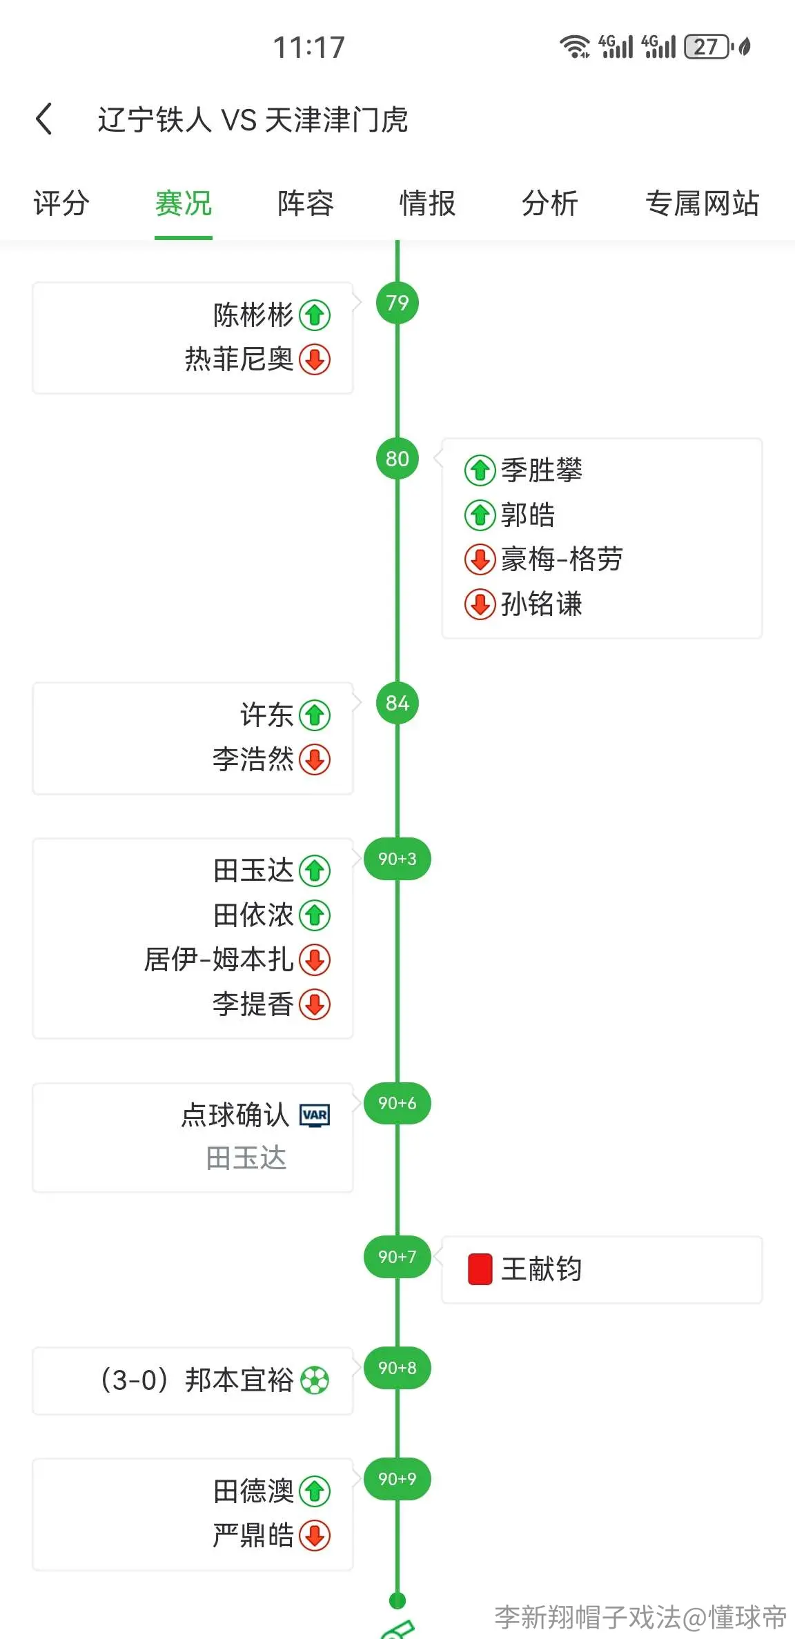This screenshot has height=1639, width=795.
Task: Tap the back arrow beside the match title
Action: (x=44, y=119)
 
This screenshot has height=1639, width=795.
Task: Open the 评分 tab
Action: (x=61, y=203)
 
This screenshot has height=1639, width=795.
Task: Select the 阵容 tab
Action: (x=306, y=203)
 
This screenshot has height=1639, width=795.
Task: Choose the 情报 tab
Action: (x=428, y=203)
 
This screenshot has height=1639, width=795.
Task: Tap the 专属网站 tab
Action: (x=703, y=203)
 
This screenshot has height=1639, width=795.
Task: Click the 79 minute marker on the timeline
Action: (x=397, y=303)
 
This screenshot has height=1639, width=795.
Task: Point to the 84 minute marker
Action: (x=397, y=703)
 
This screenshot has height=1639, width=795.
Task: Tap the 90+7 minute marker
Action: (x=397, y=1257)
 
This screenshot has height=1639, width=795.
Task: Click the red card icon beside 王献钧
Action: (x=480, y=1269)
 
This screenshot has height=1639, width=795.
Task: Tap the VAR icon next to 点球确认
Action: (x=315, y=1115)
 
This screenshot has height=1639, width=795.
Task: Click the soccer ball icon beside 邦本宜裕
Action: (x=315, y=1380)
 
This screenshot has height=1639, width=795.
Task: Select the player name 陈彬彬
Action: (x=253, y=315)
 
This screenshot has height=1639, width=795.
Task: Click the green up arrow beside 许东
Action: (x=315, y=715)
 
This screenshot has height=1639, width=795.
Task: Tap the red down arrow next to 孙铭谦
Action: (x=480, y=604)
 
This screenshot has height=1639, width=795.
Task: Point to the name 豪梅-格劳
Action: (x=562, y=559)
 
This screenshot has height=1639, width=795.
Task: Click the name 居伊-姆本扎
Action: (x=219, y=960)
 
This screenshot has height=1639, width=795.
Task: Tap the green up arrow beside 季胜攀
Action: (x=480, y=470)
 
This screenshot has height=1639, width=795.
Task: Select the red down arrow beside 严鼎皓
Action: (x=315, y=1536)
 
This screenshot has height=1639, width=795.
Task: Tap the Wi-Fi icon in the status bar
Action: (x=574, y=46)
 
